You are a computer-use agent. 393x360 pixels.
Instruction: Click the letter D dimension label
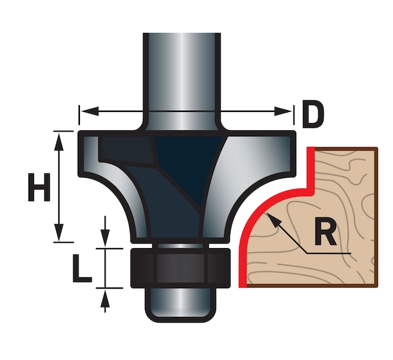click(313, 113)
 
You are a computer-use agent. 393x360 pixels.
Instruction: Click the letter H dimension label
click(39, 187)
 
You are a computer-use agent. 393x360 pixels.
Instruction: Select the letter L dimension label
click(82, 268)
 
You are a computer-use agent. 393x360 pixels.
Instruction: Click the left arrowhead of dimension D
click(90, 111)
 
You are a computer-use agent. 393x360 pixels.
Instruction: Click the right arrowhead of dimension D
click(283, 111)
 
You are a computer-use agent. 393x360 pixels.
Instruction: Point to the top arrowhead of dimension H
click(59, 141)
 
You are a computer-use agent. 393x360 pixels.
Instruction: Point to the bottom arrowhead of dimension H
click(59, 233)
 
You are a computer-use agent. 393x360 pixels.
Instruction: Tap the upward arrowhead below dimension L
click(105, 298)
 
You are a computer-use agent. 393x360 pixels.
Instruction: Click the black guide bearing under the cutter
click(180, 268)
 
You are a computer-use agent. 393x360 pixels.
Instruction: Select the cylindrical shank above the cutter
click(181, 80)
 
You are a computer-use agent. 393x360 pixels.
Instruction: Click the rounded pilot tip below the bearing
click(181, 304)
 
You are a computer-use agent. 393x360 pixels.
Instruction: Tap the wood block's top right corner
click(377, 148)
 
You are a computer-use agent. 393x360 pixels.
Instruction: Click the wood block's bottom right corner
click(377, 286)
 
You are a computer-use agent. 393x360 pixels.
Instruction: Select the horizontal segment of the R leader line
click(329, 253)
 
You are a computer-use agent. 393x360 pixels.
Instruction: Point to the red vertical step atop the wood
click(310, 169)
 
